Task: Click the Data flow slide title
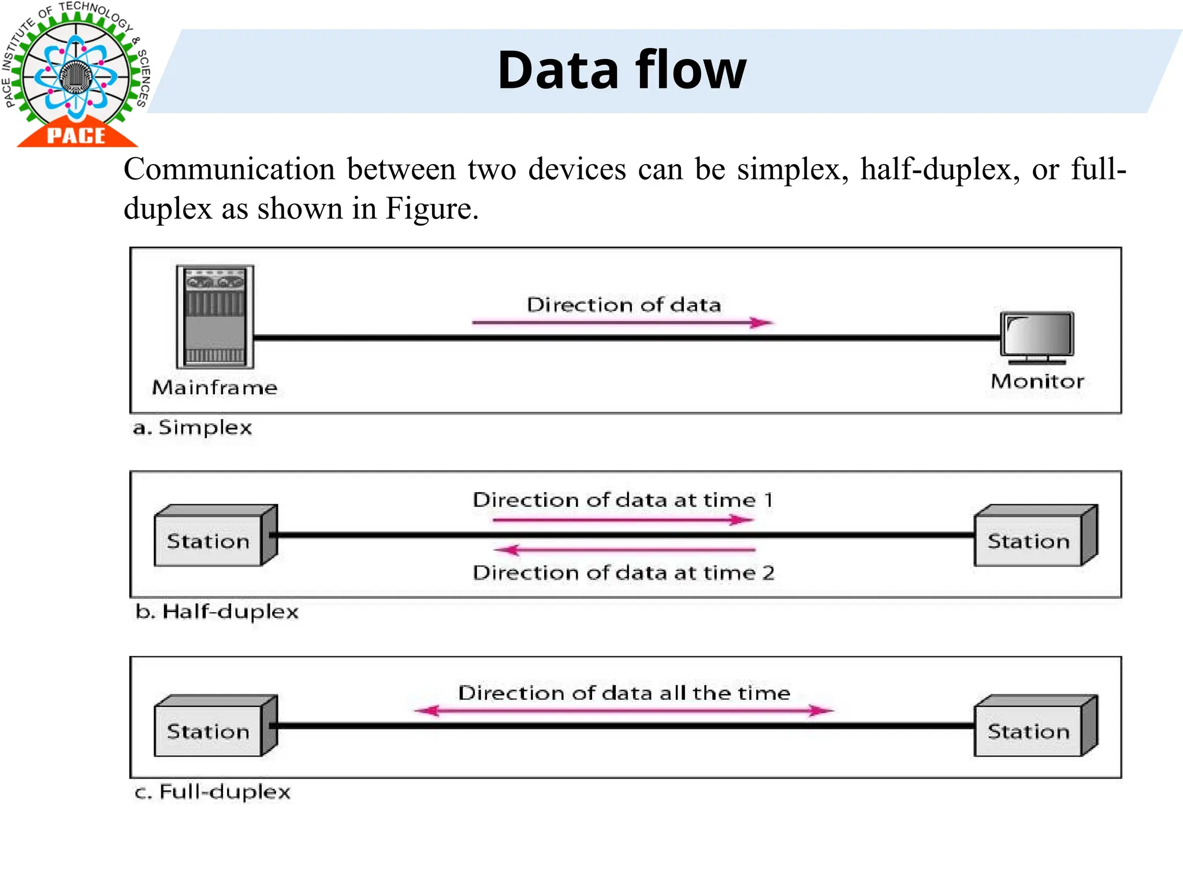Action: click(622, 70)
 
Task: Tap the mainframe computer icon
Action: click(215, 316)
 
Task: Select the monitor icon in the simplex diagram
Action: click(1037, 337)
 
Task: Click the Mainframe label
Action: click(215, 387)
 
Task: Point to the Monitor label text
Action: click(1037, 381)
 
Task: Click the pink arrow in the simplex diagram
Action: click(623, 323)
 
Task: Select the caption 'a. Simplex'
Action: click(193, 428)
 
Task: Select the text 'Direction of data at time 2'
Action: click(623, 573)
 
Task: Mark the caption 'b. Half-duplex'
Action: click(217, 612)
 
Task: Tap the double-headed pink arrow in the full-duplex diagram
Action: click(624, 710)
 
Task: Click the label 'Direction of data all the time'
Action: click(624, 692)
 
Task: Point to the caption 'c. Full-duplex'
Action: click(213, 792)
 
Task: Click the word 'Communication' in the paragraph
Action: click(229, 170)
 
